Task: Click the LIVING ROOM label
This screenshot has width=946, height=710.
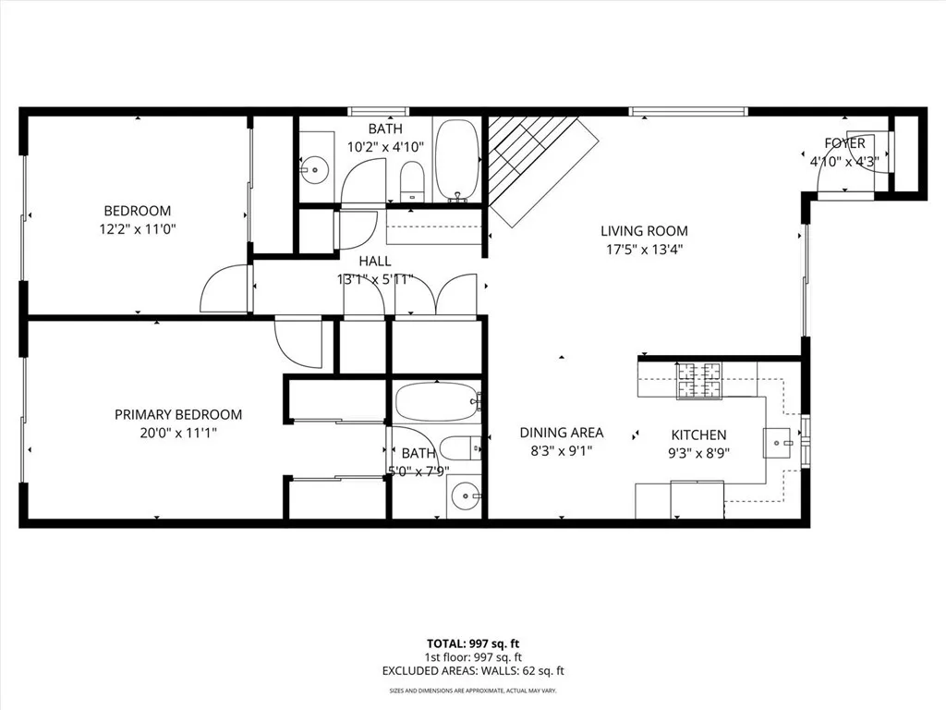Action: [x=644, y=231]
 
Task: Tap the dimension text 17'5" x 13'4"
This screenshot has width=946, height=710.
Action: [x=644, y=249]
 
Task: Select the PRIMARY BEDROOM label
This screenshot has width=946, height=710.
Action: [x=178, y=415]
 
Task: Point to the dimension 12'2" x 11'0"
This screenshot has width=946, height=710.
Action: [x=138, y=228]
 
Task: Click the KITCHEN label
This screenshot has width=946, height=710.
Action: [x=698, y=435]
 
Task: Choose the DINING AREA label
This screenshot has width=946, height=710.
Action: [x=562, y=433]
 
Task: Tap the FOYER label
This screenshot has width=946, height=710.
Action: [x=844, y=143]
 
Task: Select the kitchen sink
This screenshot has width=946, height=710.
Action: [x=777, y=444]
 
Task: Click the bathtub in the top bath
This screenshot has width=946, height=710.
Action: [x=456, y=159]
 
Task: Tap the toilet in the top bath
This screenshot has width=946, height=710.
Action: [x=411, y=179]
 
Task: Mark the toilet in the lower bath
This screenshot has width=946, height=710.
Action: [x=459, y=448]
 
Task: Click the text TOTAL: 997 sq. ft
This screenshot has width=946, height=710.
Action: [x=472, y=643]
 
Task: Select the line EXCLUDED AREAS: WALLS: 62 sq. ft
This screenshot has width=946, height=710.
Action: [x=472, y=669]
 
